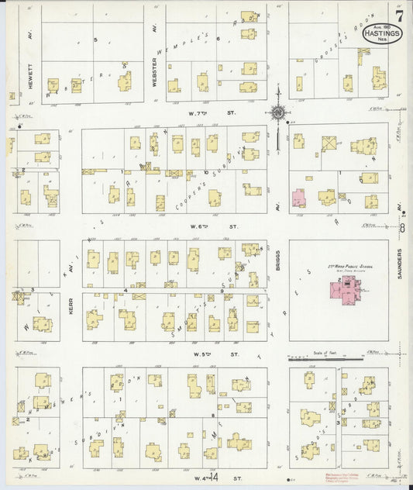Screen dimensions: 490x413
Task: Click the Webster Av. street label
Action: (155, 70)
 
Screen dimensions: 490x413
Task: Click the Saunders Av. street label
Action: (401, 265)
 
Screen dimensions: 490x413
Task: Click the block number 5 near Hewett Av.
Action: (95, 39)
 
